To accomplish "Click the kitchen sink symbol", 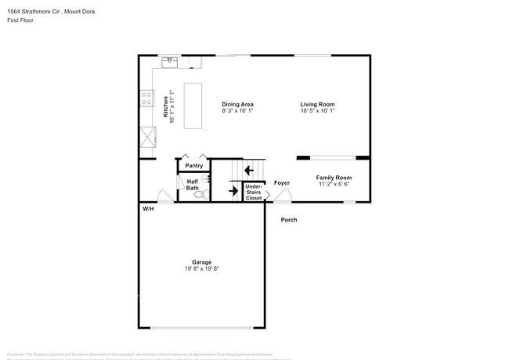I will (169, 60).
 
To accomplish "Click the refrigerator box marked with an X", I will (146, 137).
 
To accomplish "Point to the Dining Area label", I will (237, 104).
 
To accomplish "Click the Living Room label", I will (317, 104).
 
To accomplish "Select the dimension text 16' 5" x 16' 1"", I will (317, 111).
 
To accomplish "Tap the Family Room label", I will (334, 178).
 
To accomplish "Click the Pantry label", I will (194, 166).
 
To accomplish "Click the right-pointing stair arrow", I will (233, 189).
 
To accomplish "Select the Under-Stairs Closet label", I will (254, 192).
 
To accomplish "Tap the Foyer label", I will (282, 182).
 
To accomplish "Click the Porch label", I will (289, 220).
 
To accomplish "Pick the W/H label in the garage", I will (147, 209).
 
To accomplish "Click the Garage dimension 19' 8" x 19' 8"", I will (202, 268).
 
